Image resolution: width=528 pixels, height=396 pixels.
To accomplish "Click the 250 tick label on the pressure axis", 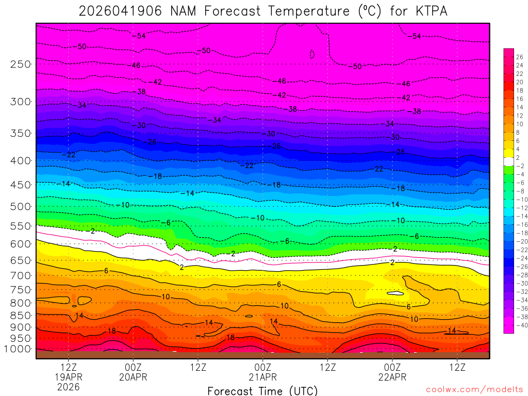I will click(21, 64).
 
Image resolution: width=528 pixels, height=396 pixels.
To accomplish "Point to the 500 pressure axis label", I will click(21, 207).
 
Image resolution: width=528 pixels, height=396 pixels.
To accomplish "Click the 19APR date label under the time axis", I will click(69, 377).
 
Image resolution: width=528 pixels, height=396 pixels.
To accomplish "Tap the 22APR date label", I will click(392, 377).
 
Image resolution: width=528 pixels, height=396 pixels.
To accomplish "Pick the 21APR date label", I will click(263, 377).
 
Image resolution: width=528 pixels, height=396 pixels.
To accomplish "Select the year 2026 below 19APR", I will click(69, 387).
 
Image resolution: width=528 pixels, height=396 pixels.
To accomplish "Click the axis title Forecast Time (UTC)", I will click(262, 390).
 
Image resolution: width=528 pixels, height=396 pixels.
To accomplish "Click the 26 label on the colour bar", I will click(519, 57).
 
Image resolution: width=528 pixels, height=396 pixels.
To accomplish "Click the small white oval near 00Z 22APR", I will click(395, 293).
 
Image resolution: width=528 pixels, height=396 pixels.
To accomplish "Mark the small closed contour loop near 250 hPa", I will click(312, 54).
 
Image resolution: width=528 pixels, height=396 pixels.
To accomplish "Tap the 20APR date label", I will click(134, 377).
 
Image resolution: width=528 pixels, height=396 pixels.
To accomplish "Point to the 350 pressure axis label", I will click(21, 133).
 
